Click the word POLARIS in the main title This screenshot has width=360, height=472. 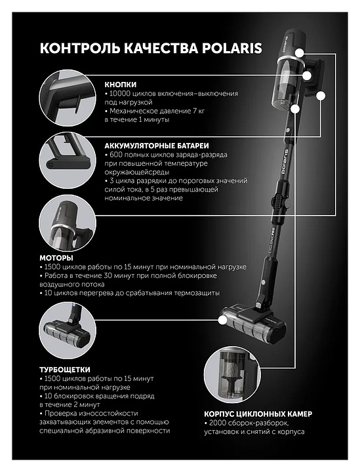(x=231, y=48)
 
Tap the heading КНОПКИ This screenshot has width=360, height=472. (x=121, y=85)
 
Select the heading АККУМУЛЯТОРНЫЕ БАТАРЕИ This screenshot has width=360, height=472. (x=157, y=146)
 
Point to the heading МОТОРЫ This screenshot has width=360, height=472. (x=56, y=258)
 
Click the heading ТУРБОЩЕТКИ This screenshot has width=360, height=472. (x=65, y=370)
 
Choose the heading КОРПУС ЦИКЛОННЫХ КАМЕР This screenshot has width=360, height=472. (x=258, y=414)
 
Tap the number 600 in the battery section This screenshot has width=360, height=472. (x=116, y=155)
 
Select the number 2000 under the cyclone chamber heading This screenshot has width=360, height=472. (x=218, y=423)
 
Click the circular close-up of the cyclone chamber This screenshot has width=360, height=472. (x=232, y=375)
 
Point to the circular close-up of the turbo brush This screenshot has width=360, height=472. (x=68, y=331)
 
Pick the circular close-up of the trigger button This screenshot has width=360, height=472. (x=68, y=98)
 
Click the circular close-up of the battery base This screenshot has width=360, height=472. (x=68, y=160)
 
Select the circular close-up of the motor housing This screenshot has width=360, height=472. (x=68, y=223)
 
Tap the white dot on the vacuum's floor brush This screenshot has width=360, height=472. (x=222, y=321)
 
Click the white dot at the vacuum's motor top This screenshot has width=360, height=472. (x=300, y=53)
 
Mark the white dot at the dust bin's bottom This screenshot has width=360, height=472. (x=296, y=109)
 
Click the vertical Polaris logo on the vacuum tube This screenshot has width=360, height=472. (x=285, y=161)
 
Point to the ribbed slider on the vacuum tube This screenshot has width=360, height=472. (x=277, y=201)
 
